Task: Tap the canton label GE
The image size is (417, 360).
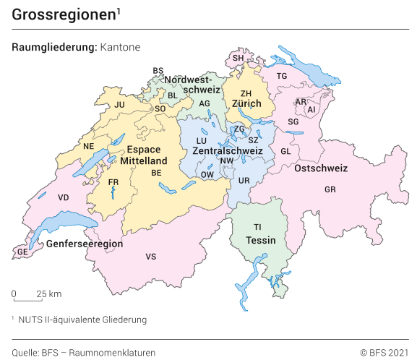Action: coord(22,252)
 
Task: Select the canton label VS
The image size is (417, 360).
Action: coord(151,257)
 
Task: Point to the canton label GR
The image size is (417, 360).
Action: coord(331,189)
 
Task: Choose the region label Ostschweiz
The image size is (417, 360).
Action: coord(321,168)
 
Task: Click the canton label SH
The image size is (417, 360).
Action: coord(238,58)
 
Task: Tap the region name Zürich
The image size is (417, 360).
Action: coord(246,104)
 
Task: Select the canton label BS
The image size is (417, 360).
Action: coord(158,71)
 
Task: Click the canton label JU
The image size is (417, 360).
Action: coord(120,105)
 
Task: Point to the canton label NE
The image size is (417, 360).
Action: coord(89,146)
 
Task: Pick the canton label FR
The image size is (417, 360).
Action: coord(113,182)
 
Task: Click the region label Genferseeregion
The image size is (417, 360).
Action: coord(85,244)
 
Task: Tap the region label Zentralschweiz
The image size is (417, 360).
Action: coord(227,150)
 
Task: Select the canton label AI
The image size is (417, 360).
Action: coord(311,110)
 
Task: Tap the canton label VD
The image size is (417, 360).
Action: coord(64,197)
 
